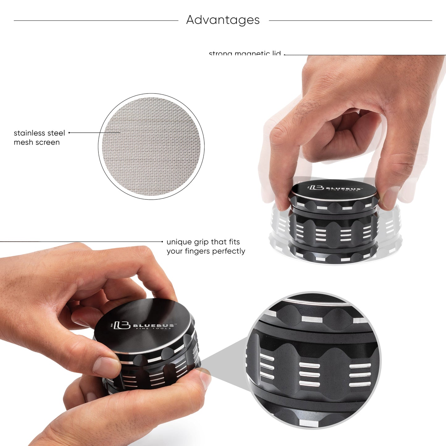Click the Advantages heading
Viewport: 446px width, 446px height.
(x=223, y=20)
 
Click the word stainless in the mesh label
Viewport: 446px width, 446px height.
(x=29, y=133)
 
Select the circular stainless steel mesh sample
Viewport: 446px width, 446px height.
(x=151, y=146)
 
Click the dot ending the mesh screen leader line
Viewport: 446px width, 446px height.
(x=69, y=133)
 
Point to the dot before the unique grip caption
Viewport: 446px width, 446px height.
(x=162, y=242)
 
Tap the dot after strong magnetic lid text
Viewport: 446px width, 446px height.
(x=284, y=55)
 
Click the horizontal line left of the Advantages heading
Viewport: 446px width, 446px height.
(x=96, y=21)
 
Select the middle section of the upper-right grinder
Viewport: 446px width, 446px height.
(x=333, y=230)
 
